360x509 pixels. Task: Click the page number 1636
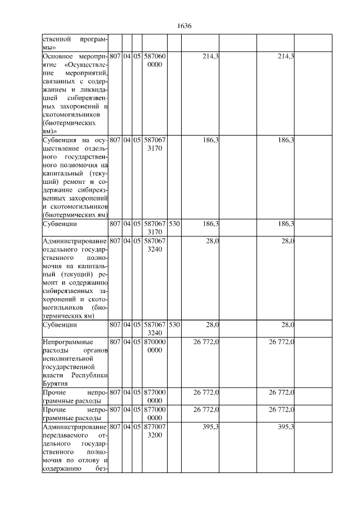[184, 26]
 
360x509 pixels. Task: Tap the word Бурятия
[55, 384]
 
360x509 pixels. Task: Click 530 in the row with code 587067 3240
[174, 325]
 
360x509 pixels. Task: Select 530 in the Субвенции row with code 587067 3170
[174, 224]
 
